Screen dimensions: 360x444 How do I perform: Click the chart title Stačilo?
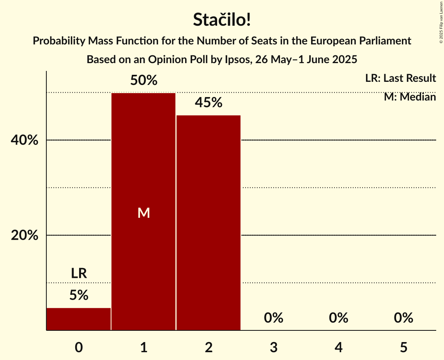222,20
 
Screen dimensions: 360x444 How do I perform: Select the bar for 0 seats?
79,319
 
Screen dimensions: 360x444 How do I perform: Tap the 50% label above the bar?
144,81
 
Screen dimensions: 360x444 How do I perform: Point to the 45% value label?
209,103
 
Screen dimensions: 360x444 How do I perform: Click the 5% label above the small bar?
79,295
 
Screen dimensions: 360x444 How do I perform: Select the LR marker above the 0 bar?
79,274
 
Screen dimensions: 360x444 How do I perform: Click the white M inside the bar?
144,213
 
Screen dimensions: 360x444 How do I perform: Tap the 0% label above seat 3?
273,318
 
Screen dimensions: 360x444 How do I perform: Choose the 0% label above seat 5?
403,318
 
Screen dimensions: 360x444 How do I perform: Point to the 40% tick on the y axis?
25,140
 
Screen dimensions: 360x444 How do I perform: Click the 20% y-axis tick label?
25,236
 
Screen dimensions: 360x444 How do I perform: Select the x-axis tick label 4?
338,348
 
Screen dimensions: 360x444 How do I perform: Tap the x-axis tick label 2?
209,348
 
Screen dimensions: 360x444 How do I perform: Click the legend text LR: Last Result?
400,78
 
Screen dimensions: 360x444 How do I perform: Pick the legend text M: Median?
410,97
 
